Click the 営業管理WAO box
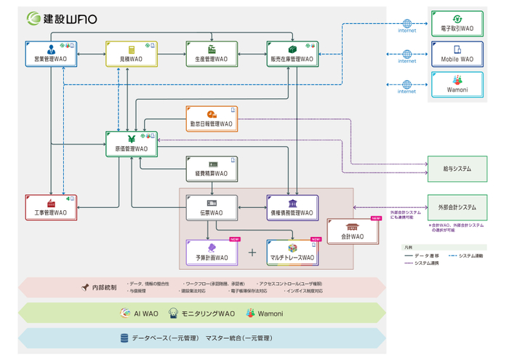50,55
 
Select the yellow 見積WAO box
131,55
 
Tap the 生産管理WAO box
211,55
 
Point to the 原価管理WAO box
131,144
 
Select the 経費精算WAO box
211,169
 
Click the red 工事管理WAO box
50,208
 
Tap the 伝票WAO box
211,208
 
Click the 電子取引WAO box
457,24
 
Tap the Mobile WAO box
457,55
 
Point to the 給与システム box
457,169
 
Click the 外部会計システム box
457,207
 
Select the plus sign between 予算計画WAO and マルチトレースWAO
252,252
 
